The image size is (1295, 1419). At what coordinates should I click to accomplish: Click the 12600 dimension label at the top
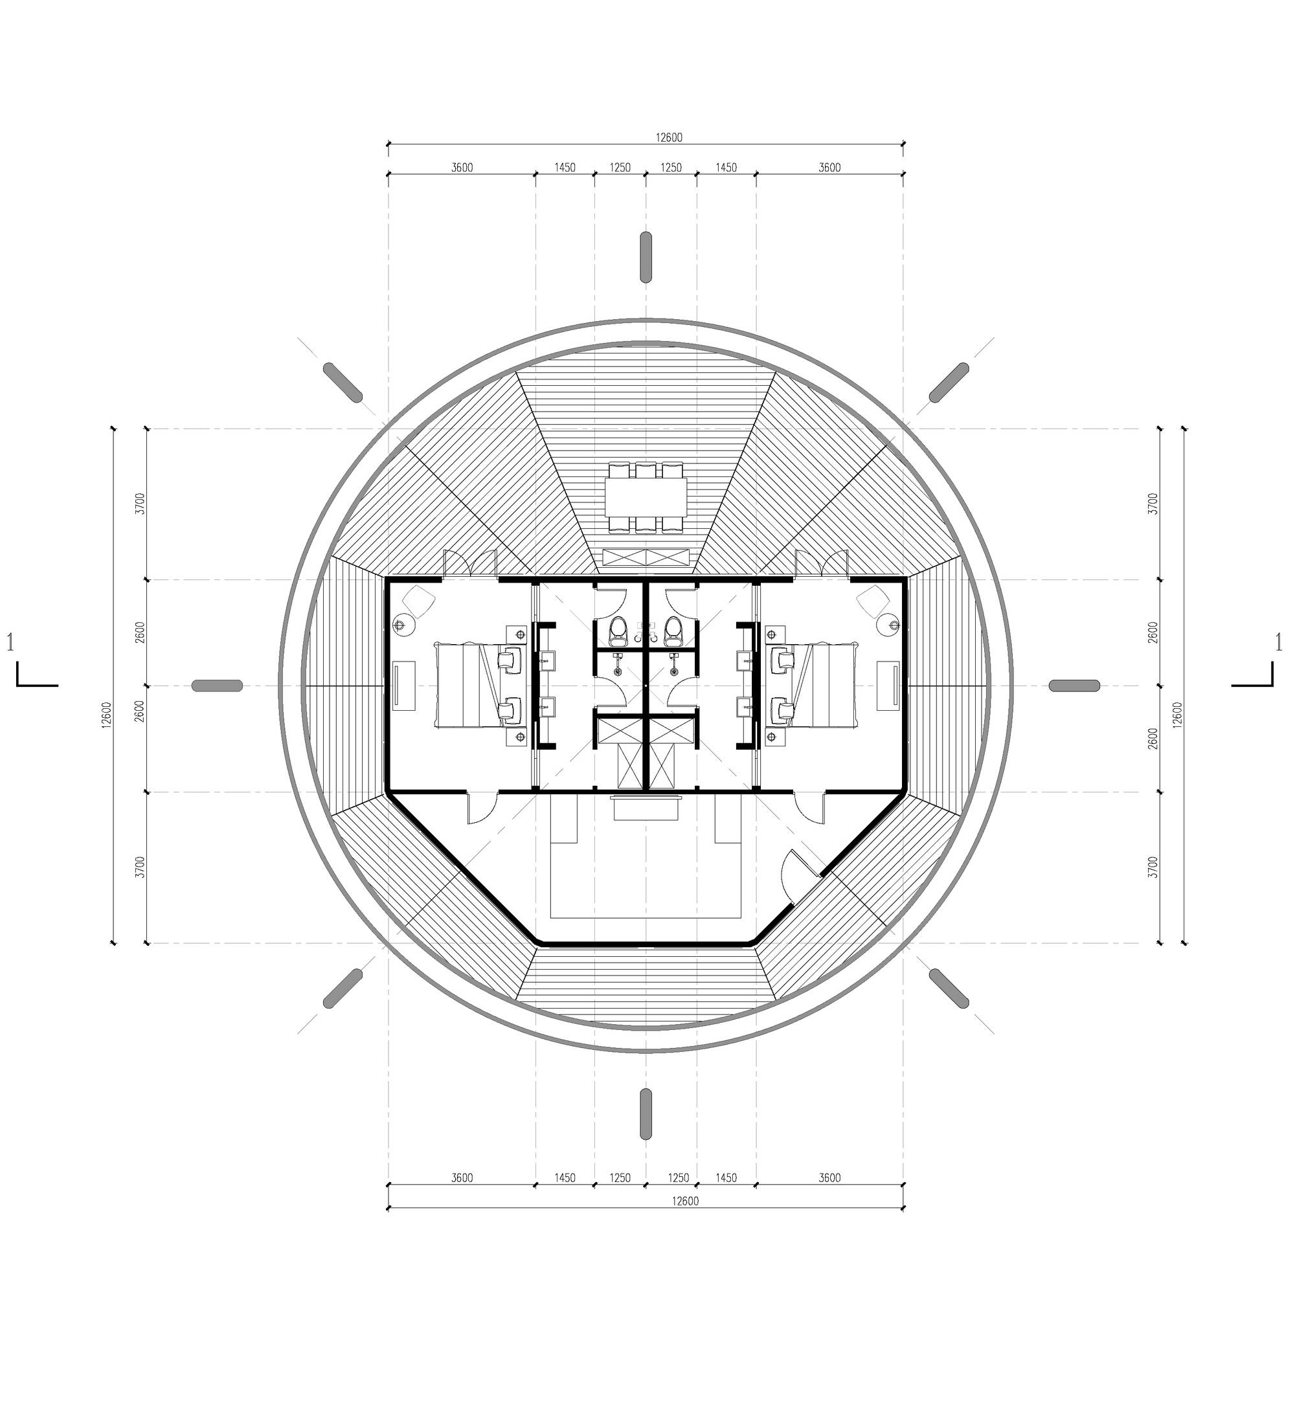tap(668, 138)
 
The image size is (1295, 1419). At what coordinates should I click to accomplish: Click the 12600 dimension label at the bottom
tap(684, 1201)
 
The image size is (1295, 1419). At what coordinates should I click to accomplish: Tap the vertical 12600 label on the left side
tap(106, 715)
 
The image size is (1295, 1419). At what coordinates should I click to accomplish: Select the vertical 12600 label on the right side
tap(1178, 715)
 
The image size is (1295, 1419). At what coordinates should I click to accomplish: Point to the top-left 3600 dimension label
tap(462, 168)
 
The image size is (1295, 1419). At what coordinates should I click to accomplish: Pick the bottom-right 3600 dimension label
tap(829, 1178)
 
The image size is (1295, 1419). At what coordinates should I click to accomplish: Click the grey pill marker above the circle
tap(646, 257)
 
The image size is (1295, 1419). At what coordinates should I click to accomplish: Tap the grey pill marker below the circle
tap(646, 1113)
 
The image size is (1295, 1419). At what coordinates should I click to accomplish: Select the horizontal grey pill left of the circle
tap(217, 686)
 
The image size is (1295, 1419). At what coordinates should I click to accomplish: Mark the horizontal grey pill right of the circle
tap(1075, 686)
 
